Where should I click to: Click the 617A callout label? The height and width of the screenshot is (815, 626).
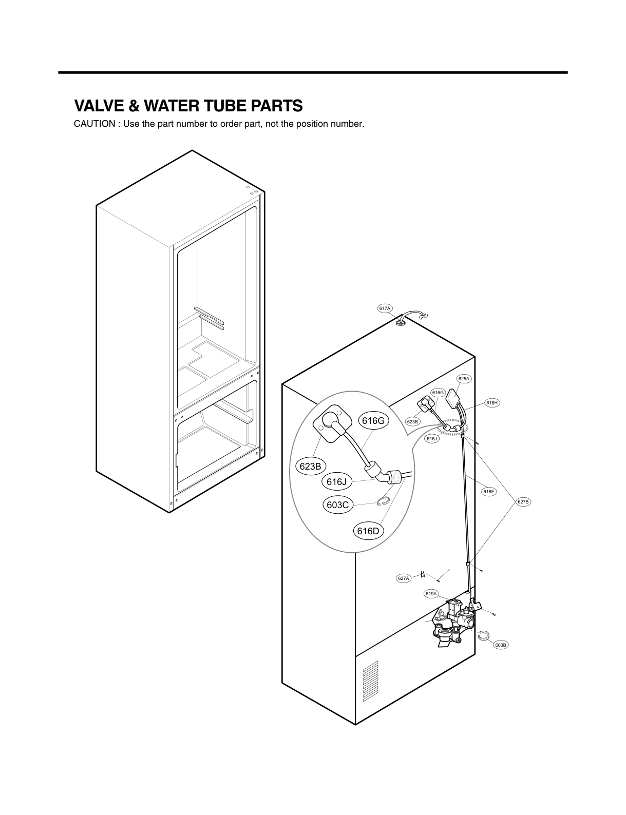(385, 308)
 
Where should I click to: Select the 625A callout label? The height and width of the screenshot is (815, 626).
(464, 379)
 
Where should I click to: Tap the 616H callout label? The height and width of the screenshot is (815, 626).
(492, 403)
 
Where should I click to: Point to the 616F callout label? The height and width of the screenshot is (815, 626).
(489, 492)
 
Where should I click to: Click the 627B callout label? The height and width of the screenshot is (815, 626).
(523, 501)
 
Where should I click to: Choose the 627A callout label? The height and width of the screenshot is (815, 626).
(404, 578)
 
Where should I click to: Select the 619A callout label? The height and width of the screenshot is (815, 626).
(431, 594)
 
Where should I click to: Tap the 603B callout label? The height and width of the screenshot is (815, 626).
(501, 644)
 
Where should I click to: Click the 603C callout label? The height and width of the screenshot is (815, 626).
(338, 505)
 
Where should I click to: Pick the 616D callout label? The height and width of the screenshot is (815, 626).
(368, 531)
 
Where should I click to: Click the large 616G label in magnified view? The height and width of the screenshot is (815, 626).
(373, 421)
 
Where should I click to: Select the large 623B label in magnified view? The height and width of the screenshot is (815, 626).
(311, 467)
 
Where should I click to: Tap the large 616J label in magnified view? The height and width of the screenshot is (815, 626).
(337, 482)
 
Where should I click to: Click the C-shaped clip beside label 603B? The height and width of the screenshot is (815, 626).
(483, 635)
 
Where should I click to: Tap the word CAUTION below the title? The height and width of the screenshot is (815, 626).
(94, 125)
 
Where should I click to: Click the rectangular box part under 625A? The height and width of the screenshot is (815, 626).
(454, 398)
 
